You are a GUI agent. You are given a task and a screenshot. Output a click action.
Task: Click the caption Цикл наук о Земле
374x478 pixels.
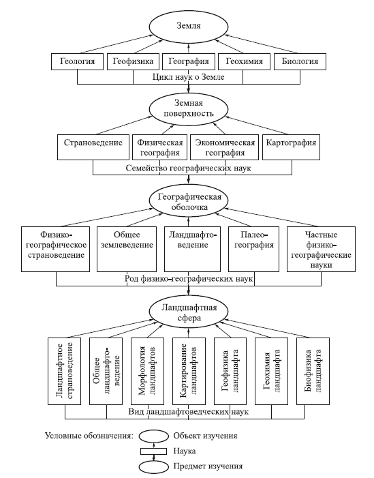pyautogui.click(x=188, y=77)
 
